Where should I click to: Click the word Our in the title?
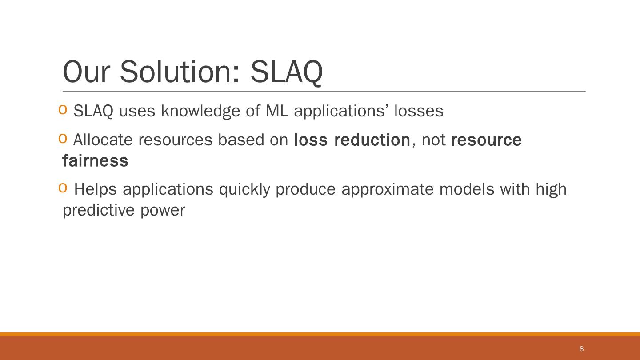tap(86, 72)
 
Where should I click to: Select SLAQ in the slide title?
tap(287, 72)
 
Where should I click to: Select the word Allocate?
tap(103, 140)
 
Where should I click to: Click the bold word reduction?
tap(372, 140)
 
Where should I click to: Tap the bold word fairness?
tap(95, 160)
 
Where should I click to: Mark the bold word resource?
tap(486, 140)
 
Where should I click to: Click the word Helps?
tap(96, 190)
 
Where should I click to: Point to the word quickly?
tap(244, 190)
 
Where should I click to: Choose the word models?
tap(467, 189)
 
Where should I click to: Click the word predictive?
tap(99, 211)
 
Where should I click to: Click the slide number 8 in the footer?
tap(581, 348)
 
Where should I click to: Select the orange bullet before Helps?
tap(63, 188)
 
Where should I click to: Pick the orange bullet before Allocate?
tap(63, 138)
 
